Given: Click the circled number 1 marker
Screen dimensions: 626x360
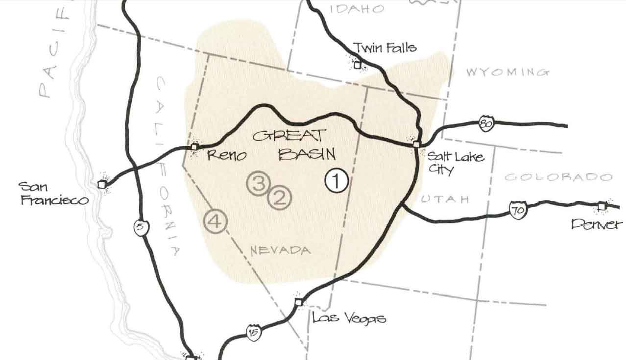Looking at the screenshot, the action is pos(337,181).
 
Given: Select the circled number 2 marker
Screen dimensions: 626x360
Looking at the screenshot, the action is pos(280,198).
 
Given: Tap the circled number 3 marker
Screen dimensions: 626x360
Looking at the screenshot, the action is pos(259,183).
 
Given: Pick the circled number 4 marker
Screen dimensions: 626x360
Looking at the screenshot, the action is pos(216,221).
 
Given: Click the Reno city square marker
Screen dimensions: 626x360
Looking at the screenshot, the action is pos(194,146).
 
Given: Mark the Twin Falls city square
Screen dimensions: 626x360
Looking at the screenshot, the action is pos(358,64).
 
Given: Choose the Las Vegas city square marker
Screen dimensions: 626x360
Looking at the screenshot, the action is pos(298,302).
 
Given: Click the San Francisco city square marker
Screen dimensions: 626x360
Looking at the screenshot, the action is pos(102,184).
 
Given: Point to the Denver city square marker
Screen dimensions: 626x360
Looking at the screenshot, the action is pos(602,206).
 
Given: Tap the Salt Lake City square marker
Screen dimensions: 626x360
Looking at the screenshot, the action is pos(416,144).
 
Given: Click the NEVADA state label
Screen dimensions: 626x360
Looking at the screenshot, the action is pos(280,251).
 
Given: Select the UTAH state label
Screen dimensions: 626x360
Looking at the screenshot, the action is pos(445,199).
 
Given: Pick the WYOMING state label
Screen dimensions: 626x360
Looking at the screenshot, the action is pos(507,72).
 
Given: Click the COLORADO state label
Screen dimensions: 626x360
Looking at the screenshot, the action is pos(558,177).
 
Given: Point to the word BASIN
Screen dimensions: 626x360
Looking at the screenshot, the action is pos(307,155).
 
